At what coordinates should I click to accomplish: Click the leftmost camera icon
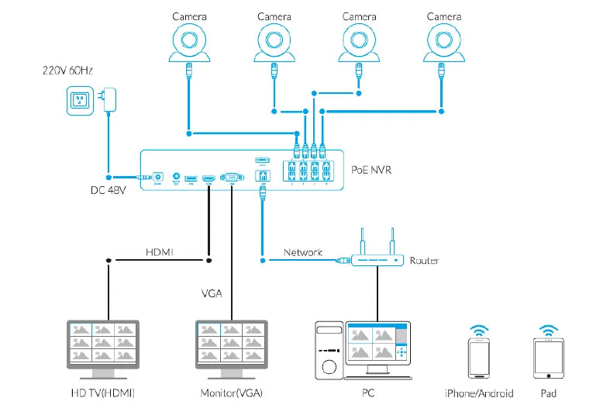click(x=188, y=43)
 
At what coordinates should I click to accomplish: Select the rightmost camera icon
click(x=443, y=43)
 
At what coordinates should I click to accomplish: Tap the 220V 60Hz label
click(x=68, y=70)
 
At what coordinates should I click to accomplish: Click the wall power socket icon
click(x=79, y=100)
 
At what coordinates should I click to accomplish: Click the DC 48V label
click(x=106, y=191)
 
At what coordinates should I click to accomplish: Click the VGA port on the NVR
click(x=231, y=178)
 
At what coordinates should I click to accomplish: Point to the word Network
click(x=303, y=253)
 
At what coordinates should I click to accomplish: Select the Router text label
click(x=424, y=261)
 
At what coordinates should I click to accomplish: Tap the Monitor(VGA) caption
click(x=231, y=393)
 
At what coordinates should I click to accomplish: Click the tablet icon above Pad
click(x=550, y=358)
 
